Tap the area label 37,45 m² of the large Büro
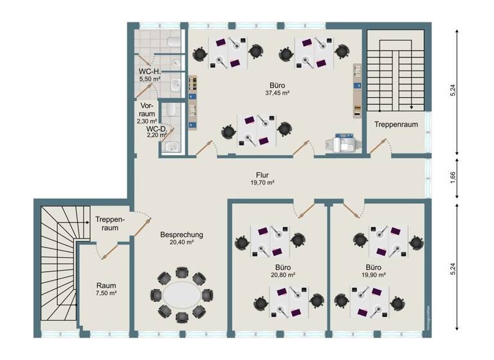[277, 93]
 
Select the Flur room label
[261, 174]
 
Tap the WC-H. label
[149, 71]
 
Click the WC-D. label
[156, 129]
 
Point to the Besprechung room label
[181, 235]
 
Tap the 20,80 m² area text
[282, 274]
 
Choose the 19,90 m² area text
[372, 274]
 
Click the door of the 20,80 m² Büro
[302, 211]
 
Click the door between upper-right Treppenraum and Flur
[380, 147]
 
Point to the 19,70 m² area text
[261, 183]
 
